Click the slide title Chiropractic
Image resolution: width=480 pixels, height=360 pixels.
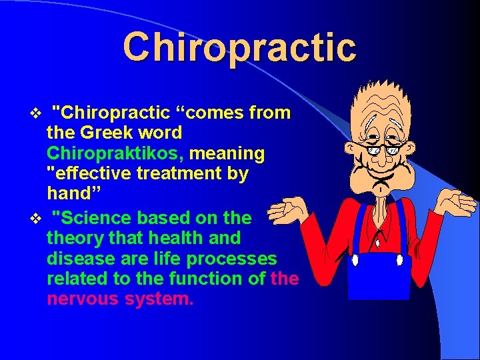(x=239, y=47)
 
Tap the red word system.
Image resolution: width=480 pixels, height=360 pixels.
(x=159, y=299)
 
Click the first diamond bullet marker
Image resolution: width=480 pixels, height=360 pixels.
(x=37, y=113)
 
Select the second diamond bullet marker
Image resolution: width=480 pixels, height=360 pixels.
(x=37, y=218)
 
